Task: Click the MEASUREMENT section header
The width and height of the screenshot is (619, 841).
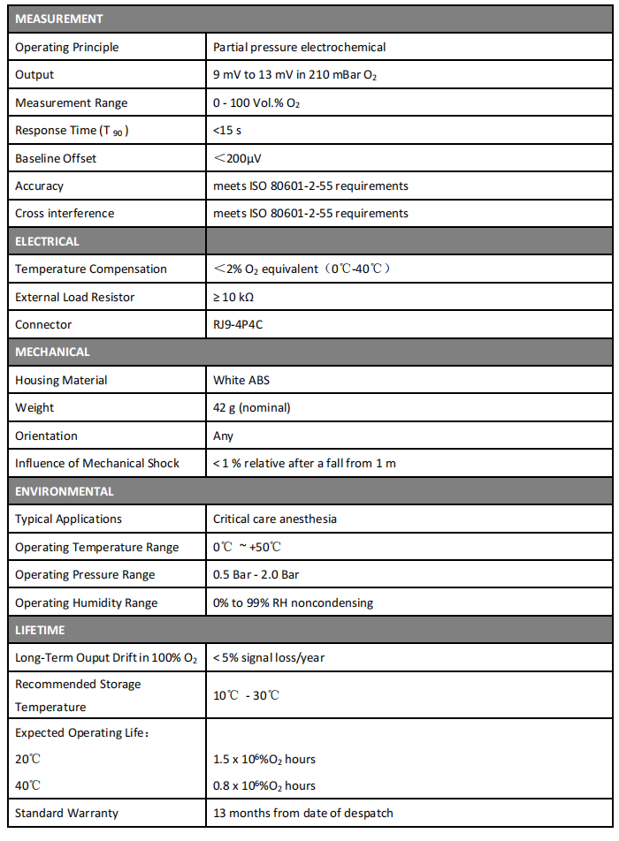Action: (59, 19)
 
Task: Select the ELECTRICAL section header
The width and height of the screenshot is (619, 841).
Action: (48, 241)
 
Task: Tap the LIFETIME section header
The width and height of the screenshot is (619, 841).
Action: (40, 630)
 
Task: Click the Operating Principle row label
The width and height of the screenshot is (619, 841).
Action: (67, 47)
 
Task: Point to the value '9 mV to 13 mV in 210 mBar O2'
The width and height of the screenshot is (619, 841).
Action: (295, 75)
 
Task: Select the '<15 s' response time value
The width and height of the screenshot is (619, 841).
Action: (228, 131)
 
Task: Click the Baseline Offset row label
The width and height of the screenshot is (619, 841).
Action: (56, 158)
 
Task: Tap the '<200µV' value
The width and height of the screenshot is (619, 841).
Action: (237, 158)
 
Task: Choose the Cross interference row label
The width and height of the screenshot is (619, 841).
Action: (65, 213)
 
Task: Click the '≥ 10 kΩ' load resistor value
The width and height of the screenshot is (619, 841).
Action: (233, 297)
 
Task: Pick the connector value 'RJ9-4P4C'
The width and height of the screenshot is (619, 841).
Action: (238, 324)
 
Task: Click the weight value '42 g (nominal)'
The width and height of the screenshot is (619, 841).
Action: (252, 407)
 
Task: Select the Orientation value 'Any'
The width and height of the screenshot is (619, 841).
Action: (224, 436)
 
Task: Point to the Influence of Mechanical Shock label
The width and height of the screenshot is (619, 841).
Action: (97, 463)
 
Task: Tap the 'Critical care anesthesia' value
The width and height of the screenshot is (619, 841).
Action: (275, 519)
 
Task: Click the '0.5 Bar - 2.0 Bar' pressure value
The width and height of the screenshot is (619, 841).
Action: (256, 574)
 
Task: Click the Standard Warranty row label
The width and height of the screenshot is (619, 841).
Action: (67, 813)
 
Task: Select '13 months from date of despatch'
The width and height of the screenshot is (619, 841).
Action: (303, 813)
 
